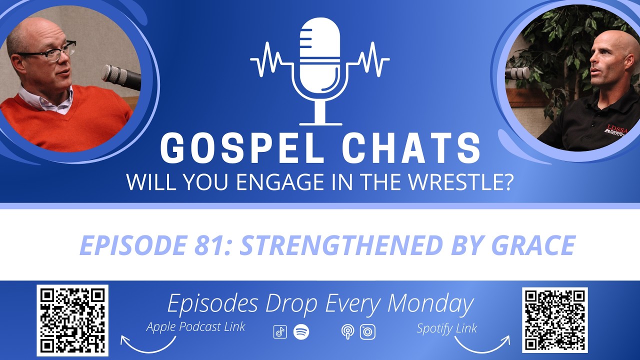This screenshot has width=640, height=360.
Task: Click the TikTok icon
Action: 280,332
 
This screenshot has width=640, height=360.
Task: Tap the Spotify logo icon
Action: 301,332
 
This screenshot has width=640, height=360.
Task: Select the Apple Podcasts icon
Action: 347,332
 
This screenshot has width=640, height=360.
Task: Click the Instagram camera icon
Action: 367,332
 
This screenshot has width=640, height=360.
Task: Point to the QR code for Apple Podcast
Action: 72,320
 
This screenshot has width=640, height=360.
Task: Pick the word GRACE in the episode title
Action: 534,245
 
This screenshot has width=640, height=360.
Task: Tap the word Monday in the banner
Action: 430,303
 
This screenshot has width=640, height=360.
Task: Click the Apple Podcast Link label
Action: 196,327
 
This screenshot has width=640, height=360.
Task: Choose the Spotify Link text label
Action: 446,328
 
